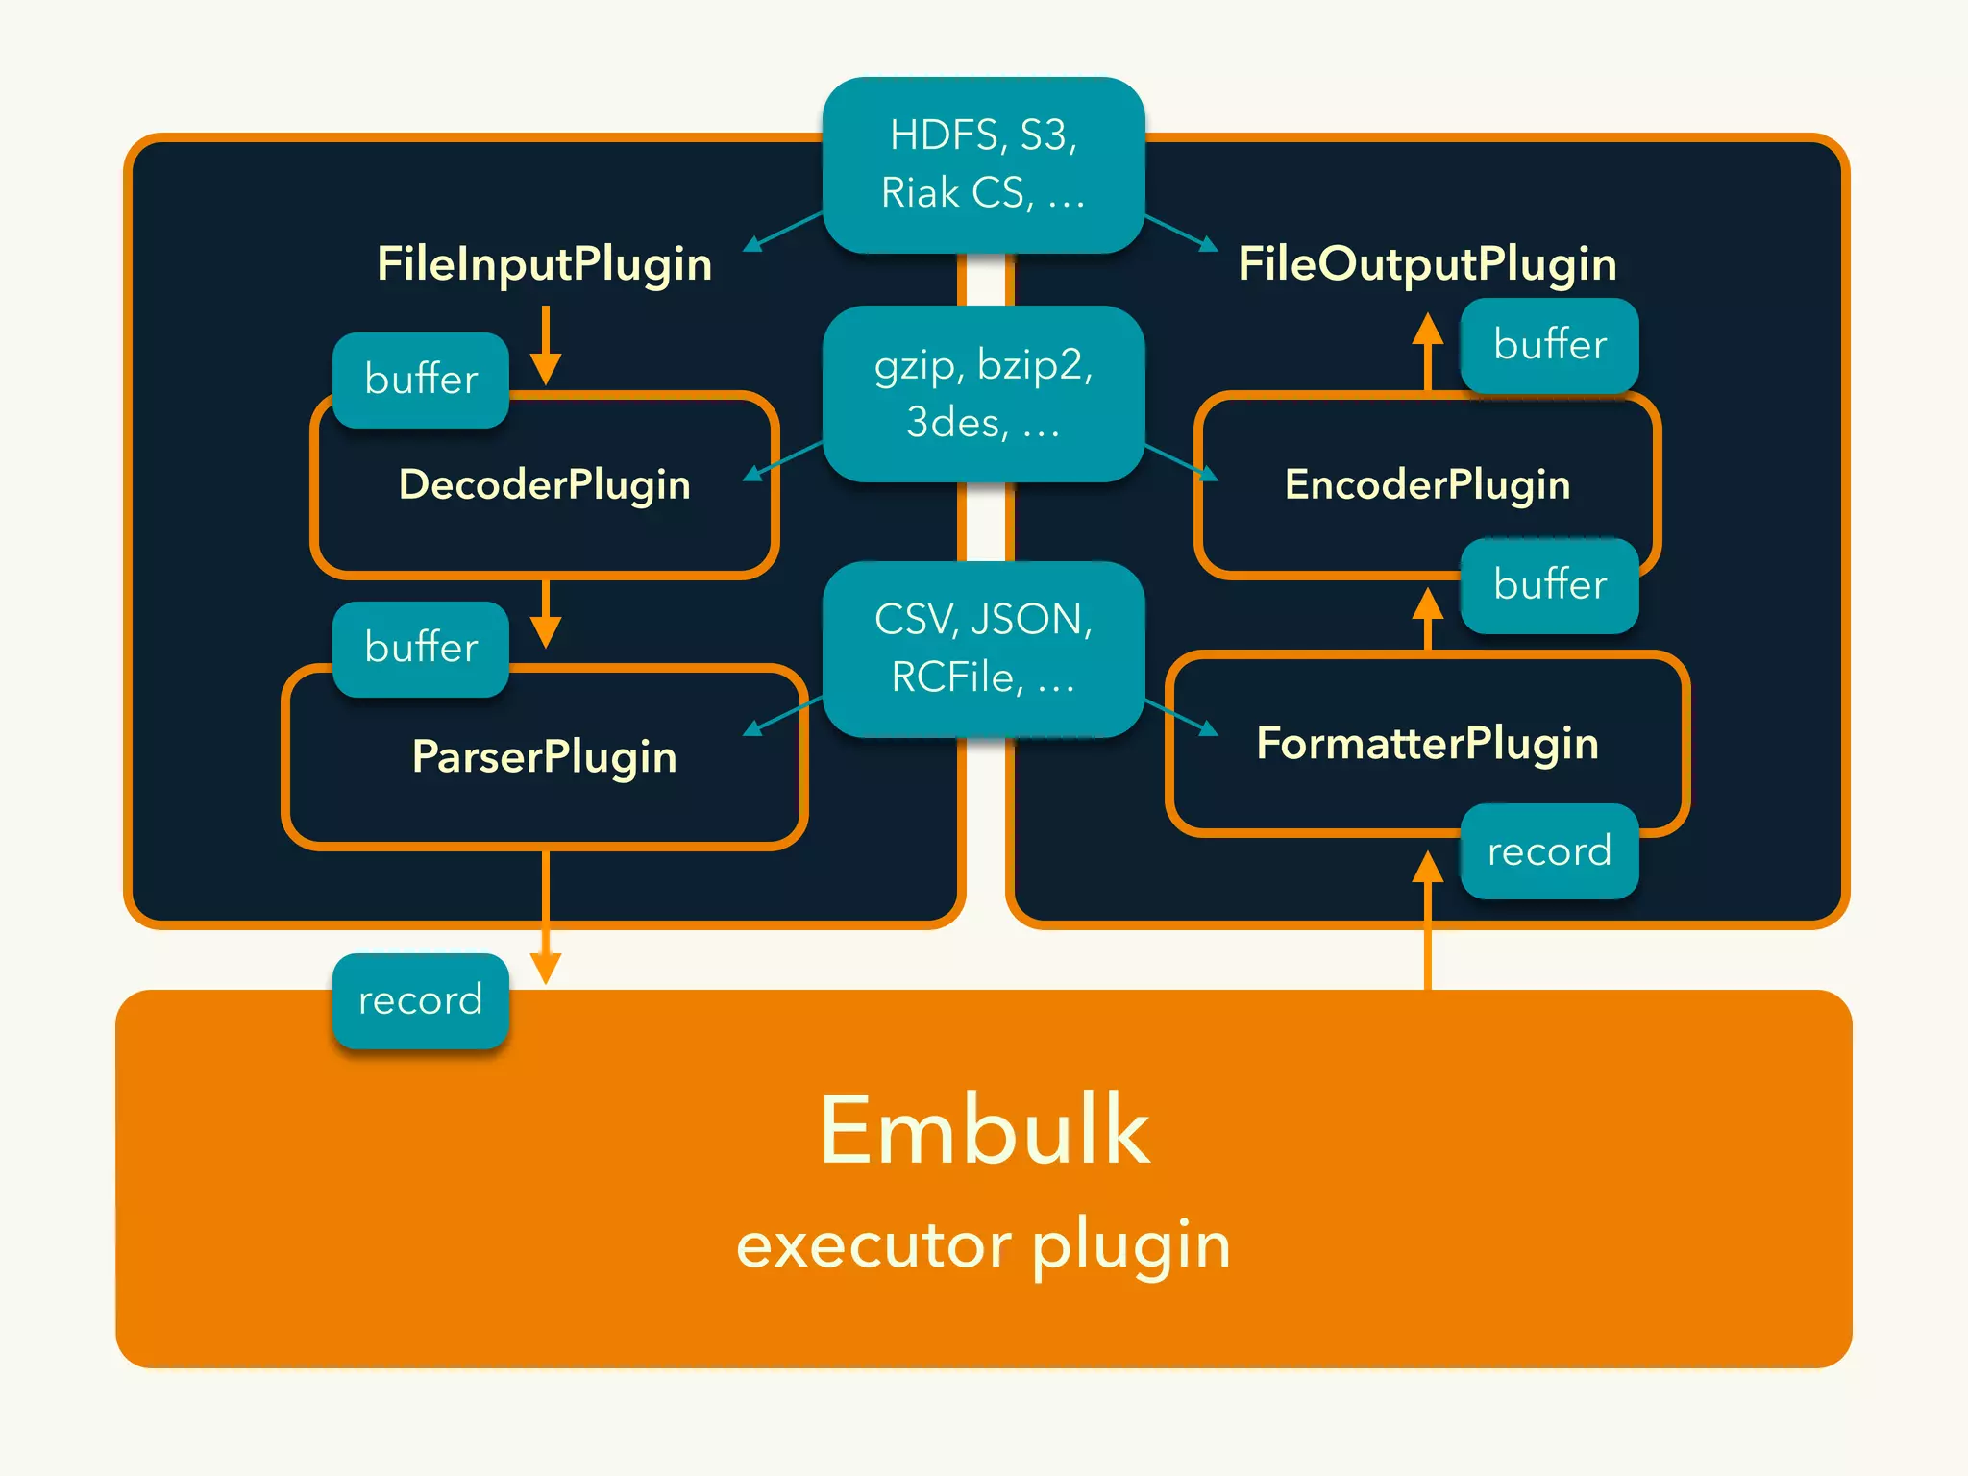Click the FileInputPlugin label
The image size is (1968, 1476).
pyautogui.click(x=544, y=263)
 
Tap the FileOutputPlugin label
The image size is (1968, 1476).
pyautogui.click(x=1427, y=263)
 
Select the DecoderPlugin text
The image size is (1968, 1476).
pyautogui.click(x=544, y=483)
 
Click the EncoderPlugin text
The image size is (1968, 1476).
pyautogui.click(x=1427, y=483)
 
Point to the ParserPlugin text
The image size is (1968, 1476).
pyautogui.click(x=544, y=756)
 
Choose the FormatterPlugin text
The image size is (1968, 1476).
pyautogui.click(x=1427, y=743)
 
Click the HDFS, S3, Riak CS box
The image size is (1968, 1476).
pyautogui.click(x=983, y=164)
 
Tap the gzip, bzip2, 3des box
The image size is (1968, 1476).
pyautogui.click(x=983, y=393)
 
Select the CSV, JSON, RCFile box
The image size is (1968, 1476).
pyautogui.click(x=983, y=649)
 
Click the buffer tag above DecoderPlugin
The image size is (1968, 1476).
pyautogui.click(x=421, y=380)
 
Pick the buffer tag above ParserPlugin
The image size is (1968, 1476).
pyautogui.click(x=421, y=649)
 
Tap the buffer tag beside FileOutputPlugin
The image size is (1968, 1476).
pyautogui.click(x=1549, y=345)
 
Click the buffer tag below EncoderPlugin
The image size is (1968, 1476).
pyautogui.click(x=1549, y=585)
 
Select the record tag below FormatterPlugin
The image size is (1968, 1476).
pyautogui.click(x=1549, y=851)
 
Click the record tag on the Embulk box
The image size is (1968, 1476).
pyautogui.click(x=421, y=1000)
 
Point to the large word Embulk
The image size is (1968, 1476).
pyautogui.click(x=983, y=1131)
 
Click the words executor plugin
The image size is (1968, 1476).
pyautogui.click(x=983, y=1244)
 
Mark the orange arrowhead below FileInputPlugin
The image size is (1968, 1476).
pyautogui.click(x=546, y=368)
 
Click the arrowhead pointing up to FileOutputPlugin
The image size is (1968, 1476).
pyautogui.click(x=1428, y=329)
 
